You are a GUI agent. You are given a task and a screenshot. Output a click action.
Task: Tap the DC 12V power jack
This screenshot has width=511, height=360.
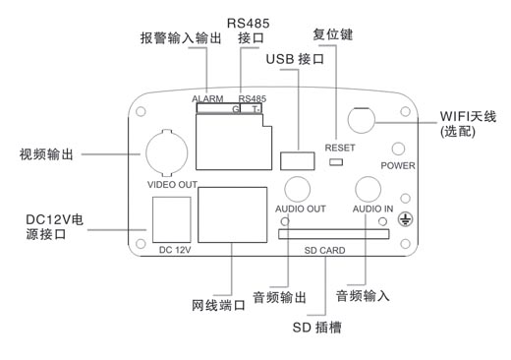(171, 216)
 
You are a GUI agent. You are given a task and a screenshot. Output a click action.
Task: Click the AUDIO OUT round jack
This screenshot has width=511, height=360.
(300, 189)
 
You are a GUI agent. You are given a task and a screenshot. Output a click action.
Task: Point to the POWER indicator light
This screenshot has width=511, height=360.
(399, 149)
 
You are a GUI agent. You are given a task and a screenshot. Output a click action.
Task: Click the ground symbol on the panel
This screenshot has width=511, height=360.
(404, 222)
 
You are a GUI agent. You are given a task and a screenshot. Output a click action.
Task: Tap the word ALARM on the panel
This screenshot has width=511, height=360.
(209, 99)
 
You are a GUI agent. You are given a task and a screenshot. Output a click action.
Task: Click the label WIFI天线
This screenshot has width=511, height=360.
(466, 116)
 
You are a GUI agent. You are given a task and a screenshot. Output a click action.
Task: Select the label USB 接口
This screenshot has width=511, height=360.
(294, 60)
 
